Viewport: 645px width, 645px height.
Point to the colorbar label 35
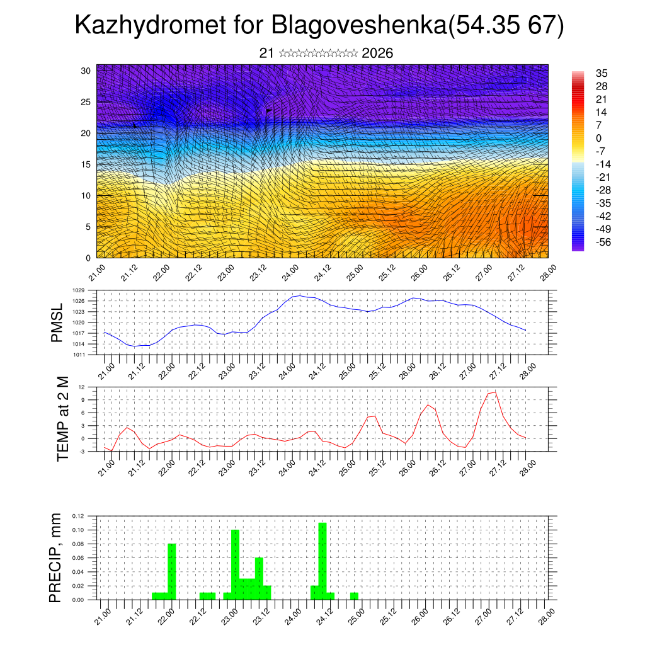602,73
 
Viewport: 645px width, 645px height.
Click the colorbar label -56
603,242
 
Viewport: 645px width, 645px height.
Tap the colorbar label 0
598,138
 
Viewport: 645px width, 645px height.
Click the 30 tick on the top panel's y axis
86,71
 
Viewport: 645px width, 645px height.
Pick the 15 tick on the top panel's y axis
86,164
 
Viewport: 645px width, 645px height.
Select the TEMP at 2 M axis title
62,418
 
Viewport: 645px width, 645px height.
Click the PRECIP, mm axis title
57,558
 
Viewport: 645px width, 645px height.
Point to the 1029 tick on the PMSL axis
79,290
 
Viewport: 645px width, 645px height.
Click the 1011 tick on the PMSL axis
79,355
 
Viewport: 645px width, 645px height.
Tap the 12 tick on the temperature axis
82,387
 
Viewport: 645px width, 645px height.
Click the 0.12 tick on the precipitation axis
77,516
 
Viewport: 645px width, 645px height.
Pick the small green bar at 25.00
354,596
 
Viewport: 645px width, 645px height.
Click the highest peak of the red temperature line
495,392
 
